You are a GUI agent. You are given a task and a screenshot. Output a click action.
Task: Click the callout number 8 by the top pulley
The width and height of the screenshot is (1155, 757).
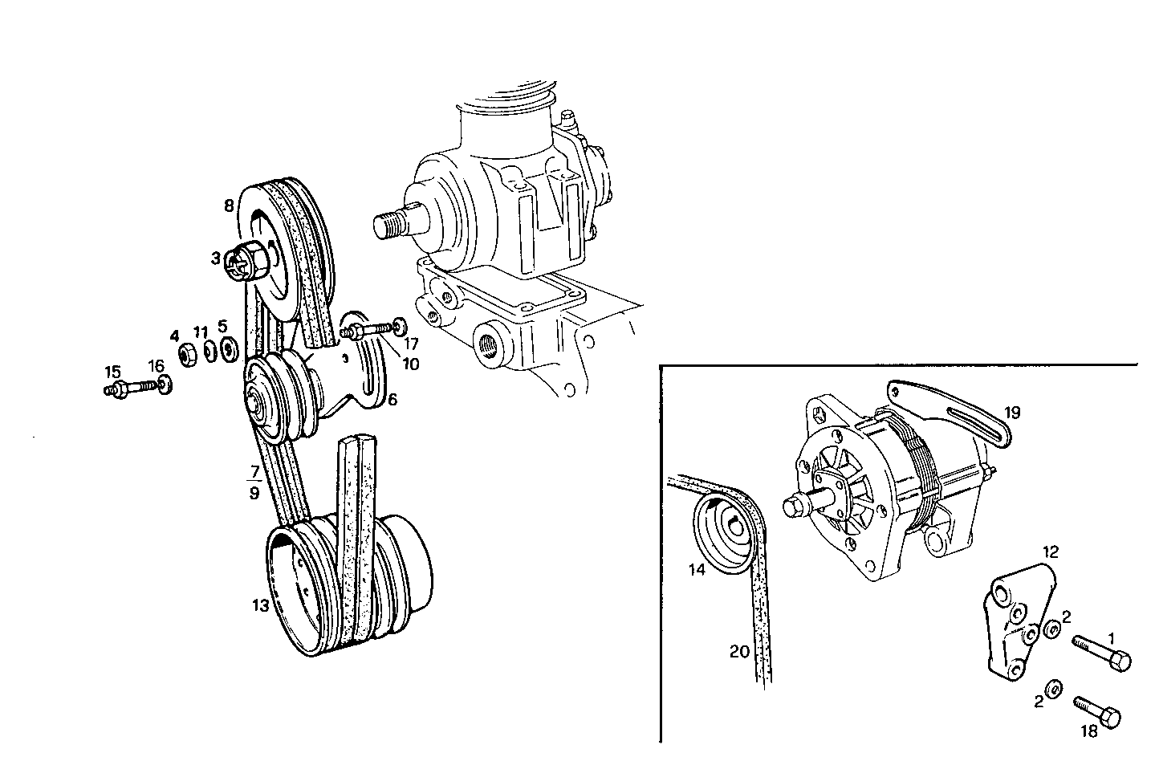point(229,206)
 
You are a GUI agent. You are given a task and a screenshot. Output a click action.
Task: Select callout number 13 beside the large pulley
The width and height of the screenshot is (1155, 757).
point(260,606)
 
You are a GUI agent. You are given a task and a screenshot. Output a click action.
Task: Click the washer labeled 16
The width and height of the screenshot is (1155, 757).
point(163,385)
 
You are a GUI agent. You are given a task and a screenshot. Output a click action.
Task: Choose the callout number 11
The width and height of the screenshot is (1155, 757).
point(201,332)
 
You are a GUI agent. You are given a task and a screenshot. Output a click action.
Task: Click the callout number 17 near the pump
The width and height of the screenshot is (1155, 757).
point(411,344)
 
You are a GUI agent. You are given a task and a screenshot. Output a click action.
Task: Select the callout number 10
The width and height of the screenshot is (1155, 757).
point(410,364)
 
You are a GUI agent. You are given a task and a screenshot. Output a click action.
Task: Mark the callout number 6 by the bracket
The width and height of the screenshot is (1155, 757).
point(392,399)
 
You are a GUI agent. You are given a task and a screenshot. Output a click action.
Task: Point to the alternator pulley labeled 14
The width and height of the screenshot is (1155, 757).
point(726,537)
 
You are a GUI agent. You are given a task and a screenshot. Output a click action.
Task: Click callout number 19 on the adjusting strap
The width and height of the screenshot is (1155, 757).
point(1011,413)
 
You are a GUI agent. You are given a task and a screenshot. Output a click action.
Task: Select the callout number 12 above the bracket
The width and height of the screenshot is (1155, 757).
point(1051,552)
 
